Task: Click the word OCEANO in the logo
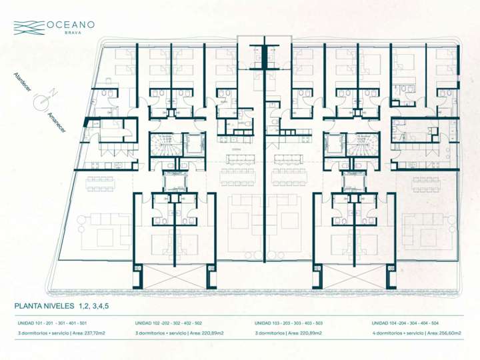coord(71,25)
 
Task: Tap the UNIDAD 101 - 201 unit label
coord(52,322)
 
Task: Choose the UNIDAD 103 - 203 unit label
coord(289,322)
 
